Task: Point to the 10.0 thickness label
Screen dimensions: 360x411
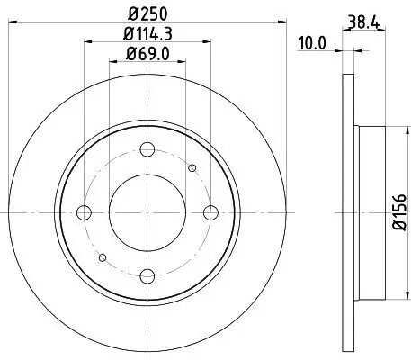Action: click(x=312, y=40)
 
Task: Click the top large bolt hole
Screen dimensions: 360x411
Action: click(x=147, y=148)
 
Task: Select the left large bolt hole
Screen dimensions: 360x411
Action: click(x=85, y=212)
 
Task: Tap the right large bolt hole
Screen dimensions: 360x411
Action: click(x=211, y=212)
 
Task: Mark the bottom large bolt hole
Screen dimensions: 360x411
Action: click(x=147, y=275)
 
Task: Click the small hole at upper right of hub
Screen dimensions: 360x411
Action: click(x=192, y=167)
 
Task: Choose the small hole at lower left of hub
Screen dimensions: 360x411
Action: click(x=103, y=257)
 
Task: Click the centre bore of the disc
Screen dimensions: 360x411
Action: click(x=147, y=212)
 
